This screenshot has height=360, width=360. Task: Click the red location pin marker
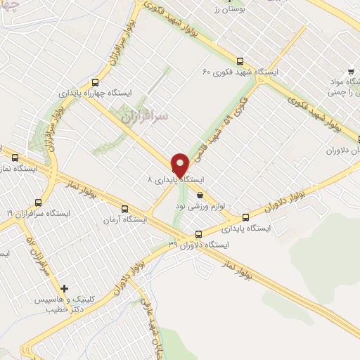(x=181, y=165)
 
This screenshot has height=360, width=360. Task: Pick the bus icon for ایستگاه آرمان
(x=125, y=209)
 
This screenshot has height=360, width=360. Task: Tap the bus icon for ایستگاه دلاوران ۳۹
(x=198, y=233)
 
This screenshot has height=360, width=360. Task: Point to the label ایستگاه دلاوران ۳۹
(x=199, y=245)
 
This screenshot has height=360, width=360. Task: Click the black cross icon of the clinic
(x=65, y=288)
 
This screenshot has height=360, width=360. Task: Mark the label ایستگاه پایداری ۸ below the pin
(x=171, y=181)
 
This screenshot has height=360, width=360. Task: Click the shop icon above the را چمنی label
(x=351, y=71)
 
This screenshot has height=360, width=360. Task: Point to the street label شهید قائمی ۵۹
(x=226, y=117)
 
